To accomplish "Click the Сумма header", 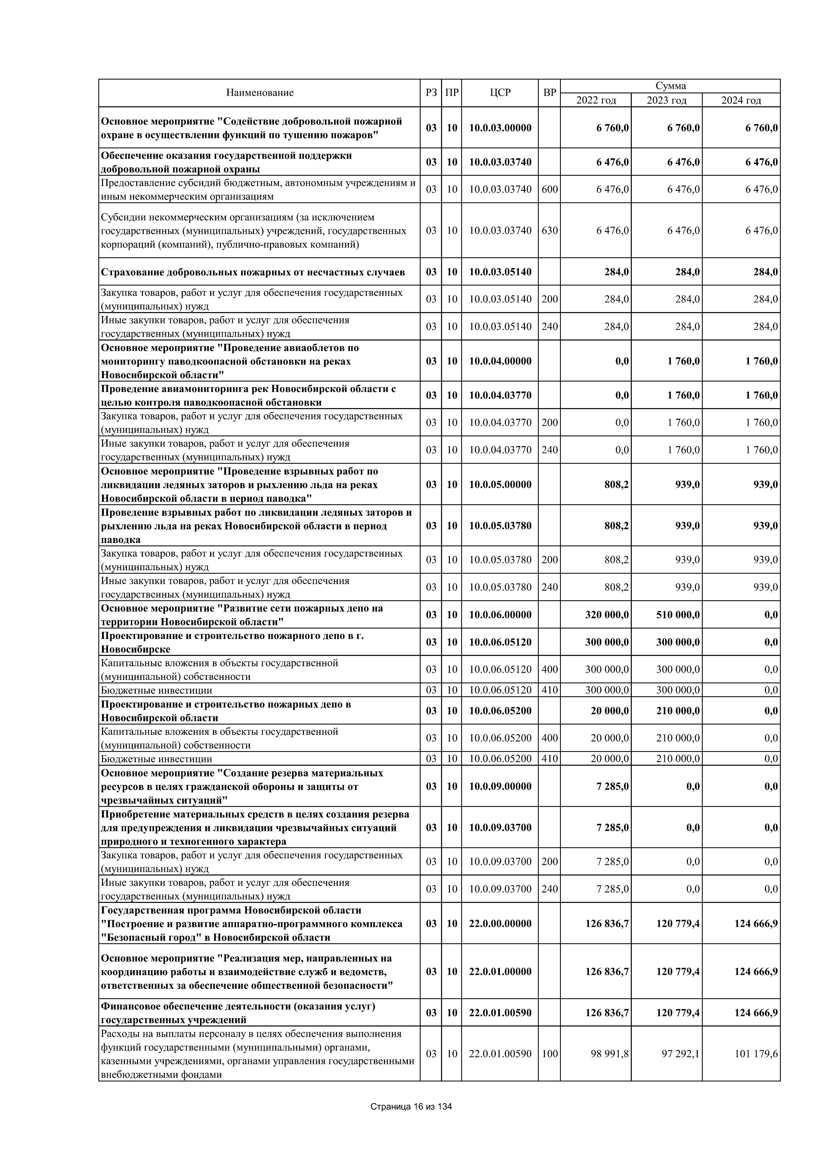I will (670, 86).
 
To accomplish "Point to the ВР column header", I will (550, 93).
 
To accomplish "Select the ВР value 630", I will (550, 230).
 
